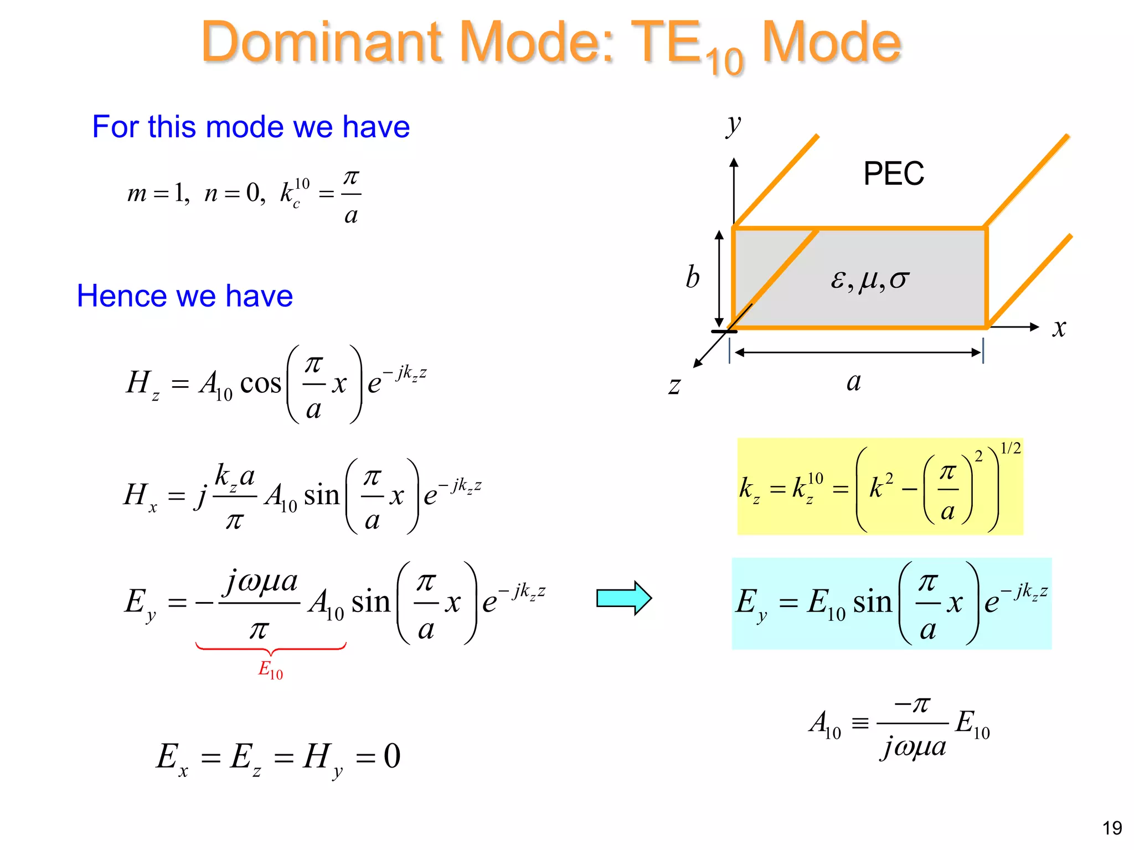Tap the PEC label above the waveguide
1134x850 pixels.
[x=893, y=174]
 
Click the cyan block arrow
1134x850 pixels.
[x=623, y=598]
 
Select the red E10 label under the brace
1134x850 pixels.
[x=270, y=670]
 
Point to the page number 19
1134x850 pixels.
[x=1111, y=828]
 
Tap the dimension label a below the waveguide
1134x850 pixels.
[x=853, y=382]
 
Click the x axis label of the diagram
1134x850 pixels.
[x=1059, y=328]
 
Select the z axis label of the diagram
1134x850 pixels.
[x=674, y=385]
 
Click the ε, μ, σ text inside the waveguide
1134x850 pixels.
[x=869, y=279]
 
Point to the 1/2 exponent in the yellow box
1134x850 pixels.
[x=1011, y=448]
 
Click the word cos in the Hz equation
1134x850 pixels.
[x=260, y=383]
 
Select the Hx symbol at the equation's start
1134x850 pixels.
[x=140, y=495]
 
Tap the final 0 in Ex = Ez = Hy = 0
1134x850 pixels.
[x=392, y=756]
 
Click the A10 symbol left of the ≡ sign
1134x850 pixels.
[x=824, y=724]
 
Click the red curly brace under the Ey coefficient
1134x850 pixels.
[x=271, y=649]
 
